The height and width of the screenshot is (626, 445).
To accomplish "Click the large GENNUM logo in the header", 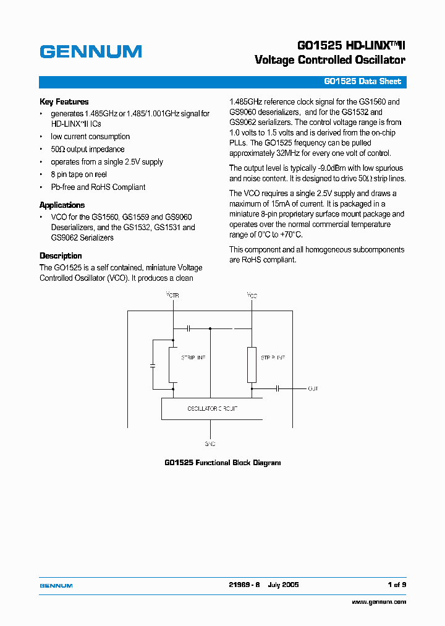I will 91,52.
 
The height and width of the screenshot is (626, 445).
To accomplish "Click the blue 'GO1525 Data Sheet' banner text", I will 362,82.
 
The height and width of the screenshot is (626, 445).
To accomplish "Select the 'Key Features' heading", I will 64,101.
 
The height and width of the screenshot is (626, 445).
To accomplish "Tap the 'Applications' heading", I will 62,205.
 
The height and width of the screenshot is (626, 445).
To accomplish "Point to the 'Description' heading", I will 61,255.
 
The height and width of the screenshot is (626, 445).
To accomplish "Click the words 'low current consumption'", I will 90,137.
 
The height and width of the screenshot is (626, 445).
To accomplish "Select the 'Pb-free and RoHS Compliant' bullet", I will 98,187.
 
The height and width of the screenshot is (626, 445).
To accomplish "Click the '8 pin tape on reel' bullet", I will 78,174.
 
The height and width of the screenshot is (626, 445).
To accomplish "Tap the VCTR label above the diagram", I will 173,296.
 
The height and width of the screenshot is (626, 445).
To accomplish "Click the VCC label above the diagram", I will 252,296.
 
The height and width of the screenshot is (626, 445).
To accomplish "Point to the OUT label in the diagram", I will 313,388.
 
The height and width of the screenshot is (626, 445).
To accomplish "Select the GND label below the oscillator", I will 210,444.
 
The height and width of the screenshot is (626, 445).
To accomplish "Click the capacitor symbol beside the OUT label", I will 278,388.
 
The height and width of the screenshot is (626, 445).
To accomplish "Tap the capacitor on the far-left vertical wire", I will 152,366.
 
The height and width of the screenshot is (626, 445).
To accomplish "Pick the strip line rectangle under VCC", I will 252,365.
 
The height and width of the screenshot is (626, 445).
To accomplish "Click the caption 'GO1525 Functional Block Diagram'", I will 222,463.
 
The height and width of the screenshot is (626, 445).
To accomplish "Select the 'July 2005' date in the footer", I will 283,585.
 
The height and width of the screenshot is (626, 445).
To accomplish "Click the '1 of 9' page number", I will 396,585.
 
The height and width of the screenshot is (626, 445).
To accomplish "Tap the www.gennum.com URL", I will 379,602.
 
